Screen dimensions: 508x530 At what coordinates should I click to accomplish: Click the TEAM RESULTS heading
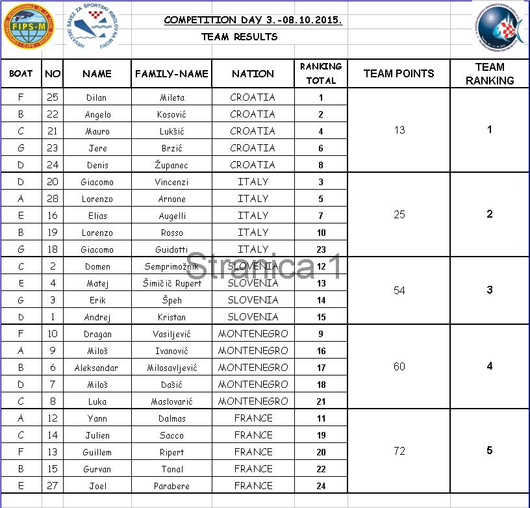pyautogui.click(x=239, y=37)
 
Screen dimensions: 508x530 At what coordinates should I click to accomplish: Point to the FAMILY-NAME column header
pyautogui.click(x=171, y=74)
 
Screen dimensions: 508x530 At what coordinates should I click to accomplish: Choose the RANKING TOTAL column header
pyautogui.click(x=321, y=73)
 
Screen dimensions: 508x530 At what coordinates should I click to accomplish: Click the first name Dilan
pyautogui.click(x=97, y=97)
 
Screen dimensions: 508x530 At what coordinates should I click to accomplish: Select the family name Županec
pyautogui.click(x=172, y=165)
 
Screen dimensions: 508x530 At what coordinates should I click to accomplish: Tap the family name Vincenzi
pyautogui.click(x=172, y=182)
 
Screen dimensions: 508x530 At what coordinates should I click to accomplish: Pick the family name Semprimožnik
pyautogui.click(x=172, y=266)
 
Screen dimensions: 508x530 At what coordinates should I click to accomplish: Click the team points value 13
pyautogui.click(x=399, y=130)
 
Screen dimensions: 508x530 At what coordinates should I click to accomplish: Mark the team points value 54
pyautogui.click(x=399, y=290)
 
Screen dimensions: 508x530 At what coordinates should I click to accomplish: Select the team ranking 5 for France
pyautogui.click(x=490, y=451)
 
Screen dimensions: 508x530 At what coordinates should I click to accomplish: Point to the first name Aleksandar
pyautogui.click(x=97, y=368)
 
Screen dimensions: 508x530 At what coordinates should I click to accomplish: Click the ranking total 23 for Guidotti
pyautogui.click(x=321, y=249)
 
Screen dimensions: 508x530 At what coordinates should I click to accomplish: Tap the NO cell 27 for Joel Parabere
pyautogui.click(x=53, y=486)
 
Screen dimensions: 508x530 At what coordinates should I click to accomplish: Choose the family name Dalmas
pyautogui.click(x=172, y=418)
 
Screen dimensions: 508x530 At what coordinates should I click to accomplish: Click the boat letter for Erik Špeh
pyautogui.click(x=21, y=300)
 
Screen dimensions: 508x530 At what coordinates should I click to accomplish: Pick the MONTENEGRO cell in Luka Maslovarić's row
pyautogui.click(x=253, y=401)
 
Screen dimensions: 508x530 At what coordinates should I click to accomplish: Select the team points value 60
pyautogui.click(x=399, y=366)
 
